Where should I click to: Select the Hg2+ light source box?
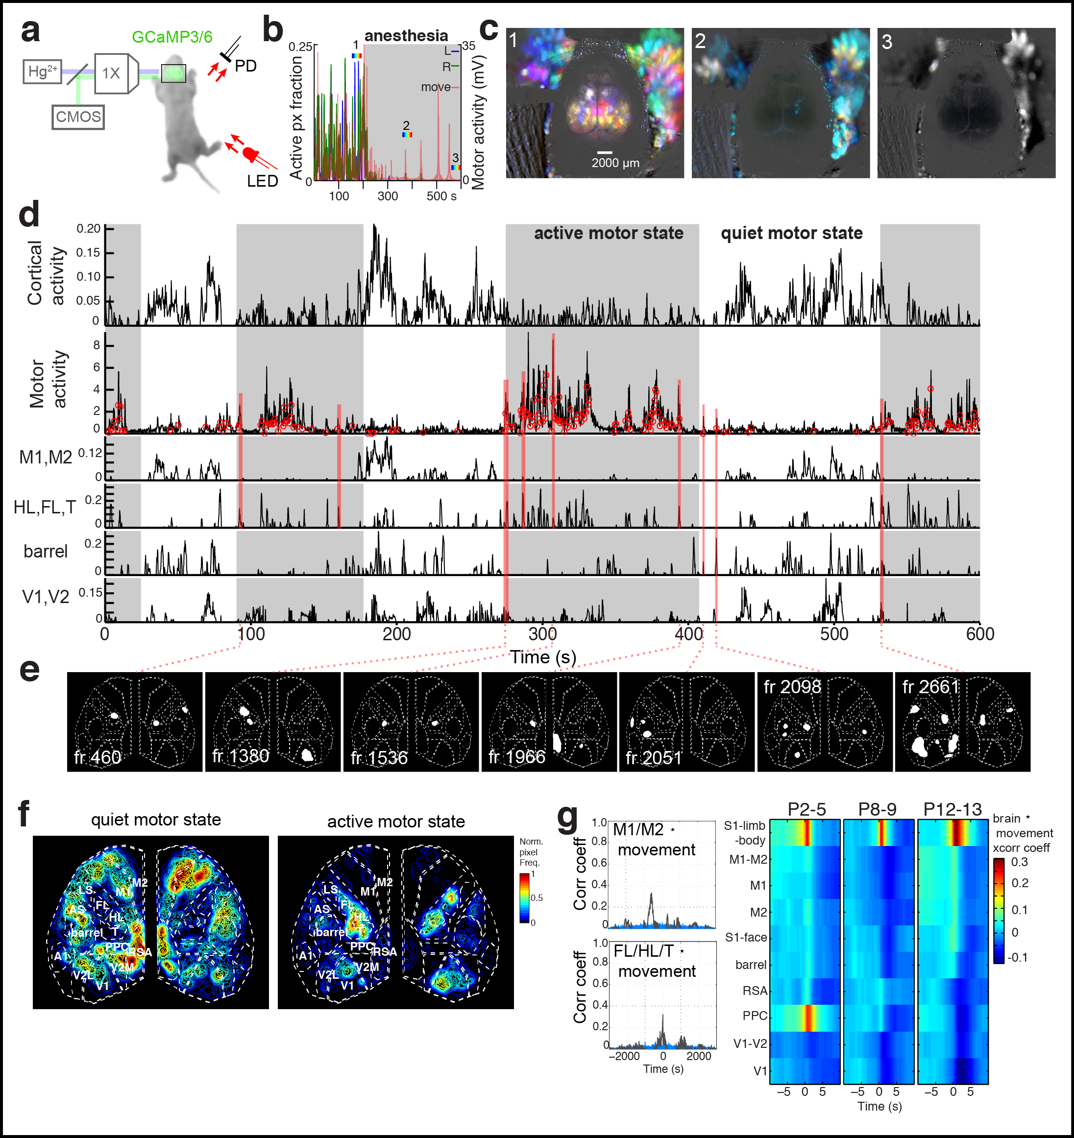42,72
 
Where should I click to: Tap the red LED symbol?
251,154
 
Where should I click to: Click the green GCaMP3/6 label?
172,37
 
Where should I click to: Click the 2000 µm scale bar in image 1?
605,153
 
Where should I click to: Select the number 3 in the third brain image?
887,42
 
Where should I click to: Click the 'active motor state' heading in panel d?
608,233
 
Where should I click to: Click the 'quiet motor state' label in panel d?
791,233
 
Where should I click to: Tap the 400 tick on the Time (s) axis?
689,634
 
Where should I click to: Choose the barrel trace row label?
45,551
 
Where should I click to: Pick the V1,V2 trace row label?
45,597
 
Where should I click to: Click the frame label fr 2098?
792,686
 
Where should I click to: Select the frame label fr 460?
98,757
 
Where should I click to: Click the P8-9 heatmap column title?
877,809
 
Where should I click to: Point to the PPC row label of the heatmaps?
755,1016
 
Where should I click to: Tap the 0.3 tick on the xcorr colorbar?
1019,862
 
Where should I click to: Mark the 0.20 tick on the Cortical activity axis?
88,228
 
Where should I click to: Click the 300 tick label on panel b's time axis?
388,196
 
